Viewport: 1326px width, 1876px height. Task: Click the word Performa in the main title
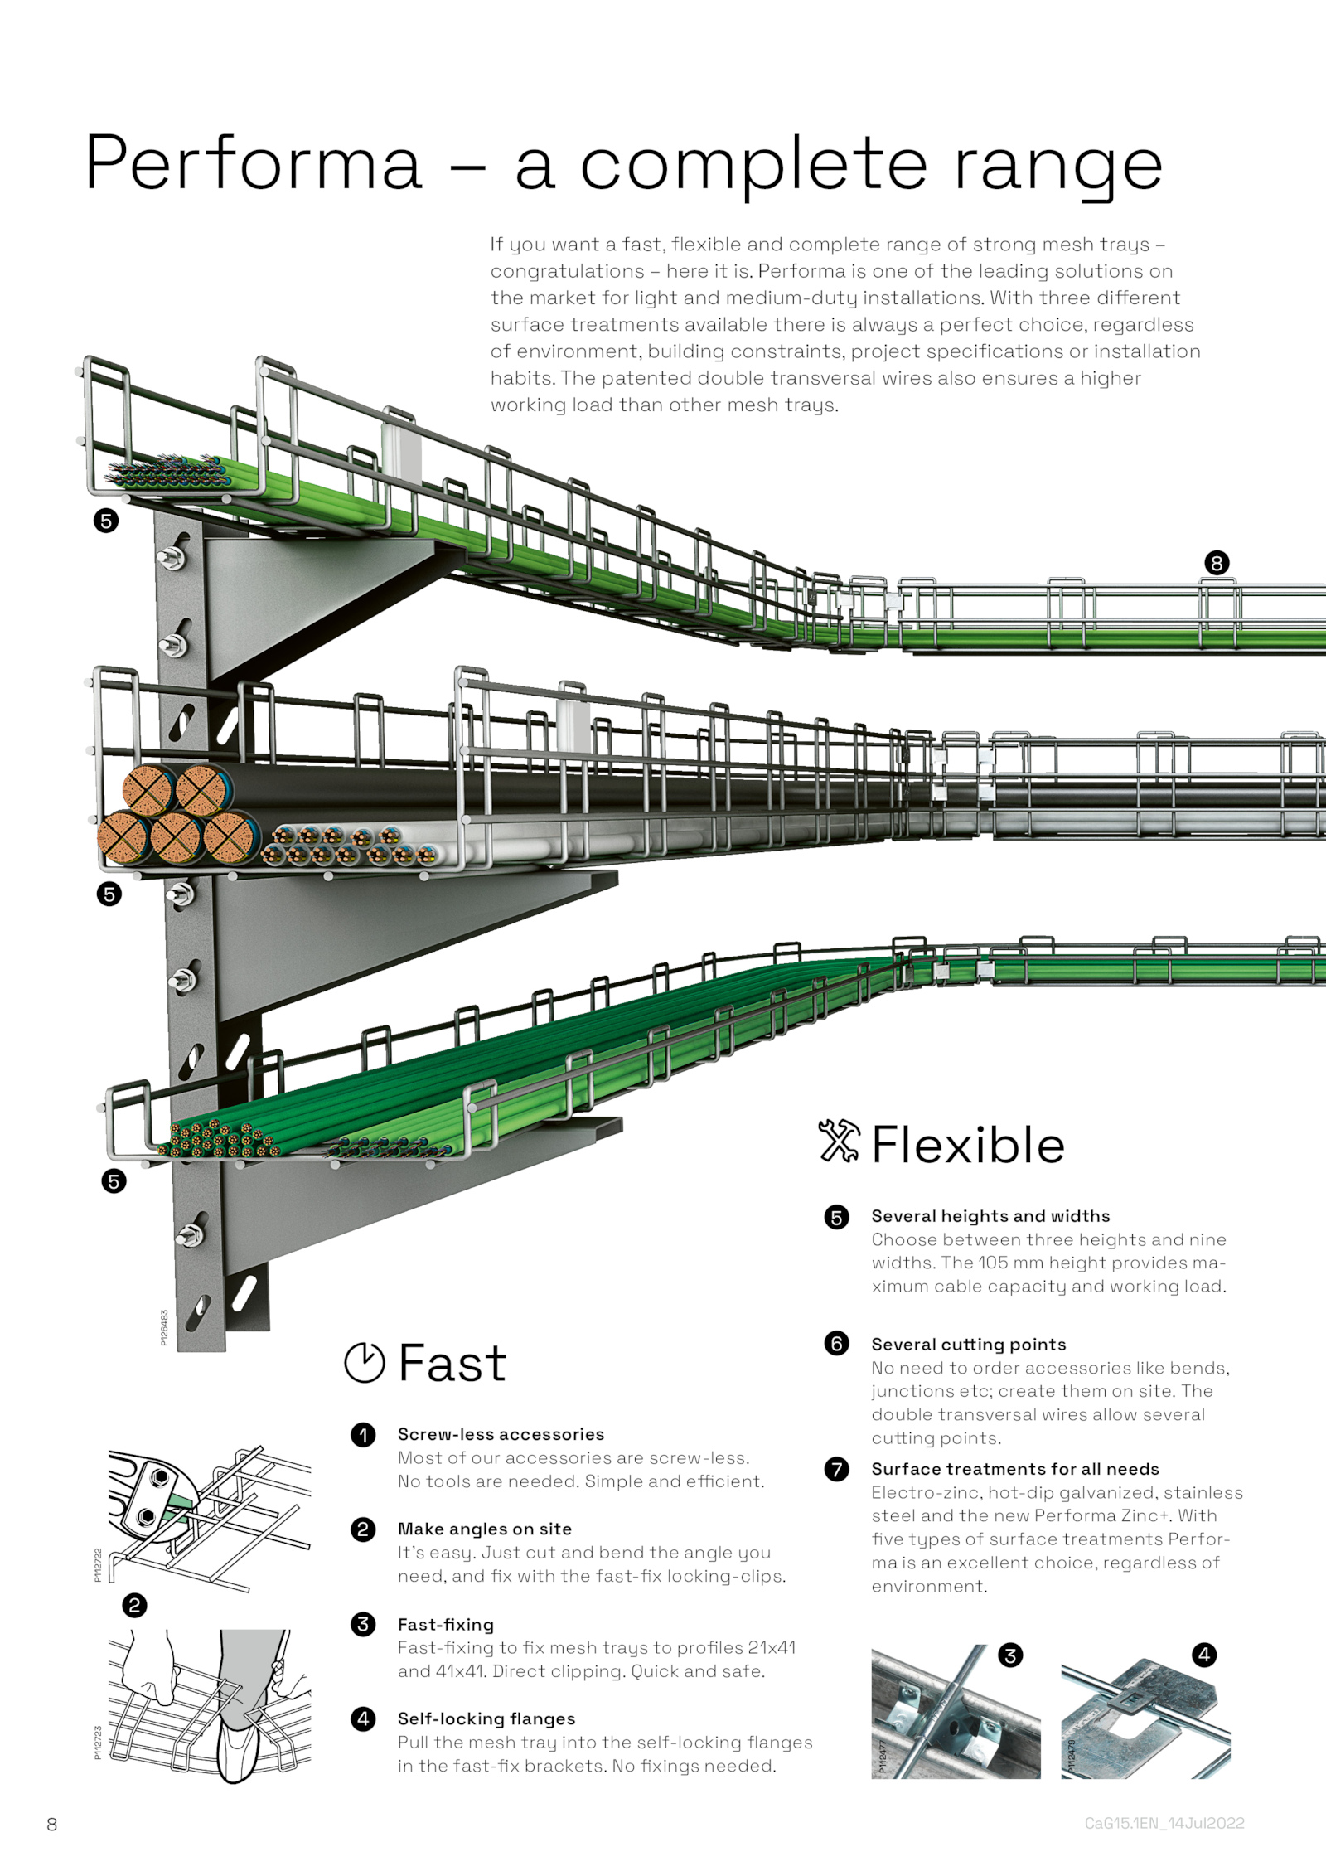pyautogui.click(x=253, y=162)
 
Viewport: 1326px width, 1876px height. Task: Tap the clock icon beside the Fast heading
pyautogui.click(x=365, y=1363)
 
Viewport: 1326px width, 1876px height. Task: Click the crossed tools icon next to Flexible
pyautogui.click(x=840, y=1142)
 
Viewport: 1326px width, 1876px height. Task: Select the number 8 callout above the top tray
pyautogui.click(x=1217, y=564)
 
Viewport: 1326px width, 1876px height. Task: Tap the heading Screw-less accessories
pyautogui.click(x=501, y=1434)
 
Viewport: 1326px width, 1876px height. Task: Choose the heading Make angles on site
pyautogui.click(x=485, y=1529)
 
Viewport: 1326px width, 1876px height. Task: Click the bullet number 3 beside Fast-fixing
pyautogui.click(x=363, y=1624)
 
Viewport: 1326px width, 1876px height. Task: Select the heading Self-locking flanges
pyautogui.click(x=486, y=1718)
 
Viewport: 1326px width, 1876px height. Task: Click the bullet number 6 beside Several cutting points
pyautogui.click(x=837, y=1343)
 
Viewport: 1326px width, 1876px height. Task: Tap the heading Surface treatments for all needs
pyautogui.click(x=1015, y=1469)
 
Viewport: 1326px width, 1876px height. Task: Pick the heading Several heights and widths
pyautogui.click(x=990, y=1216)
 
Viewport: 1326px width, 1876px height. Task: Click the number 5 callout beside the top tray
pyautogui.click(x=106, y=521)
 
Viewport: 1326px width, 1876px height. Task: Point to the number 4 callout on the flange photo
pyautogui.click(x=1204, y=1655)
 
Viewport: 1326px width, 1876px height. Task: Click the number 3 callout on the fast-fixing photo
pyautogui.click(x=1010, y=1655)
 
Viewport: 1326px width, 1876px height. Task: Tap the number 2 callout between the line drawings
pyautogui.click(x=134, y=1606)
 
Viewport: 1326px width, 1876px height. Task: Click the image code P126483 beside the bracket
pyautogui.click(x=164, y=1328)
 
